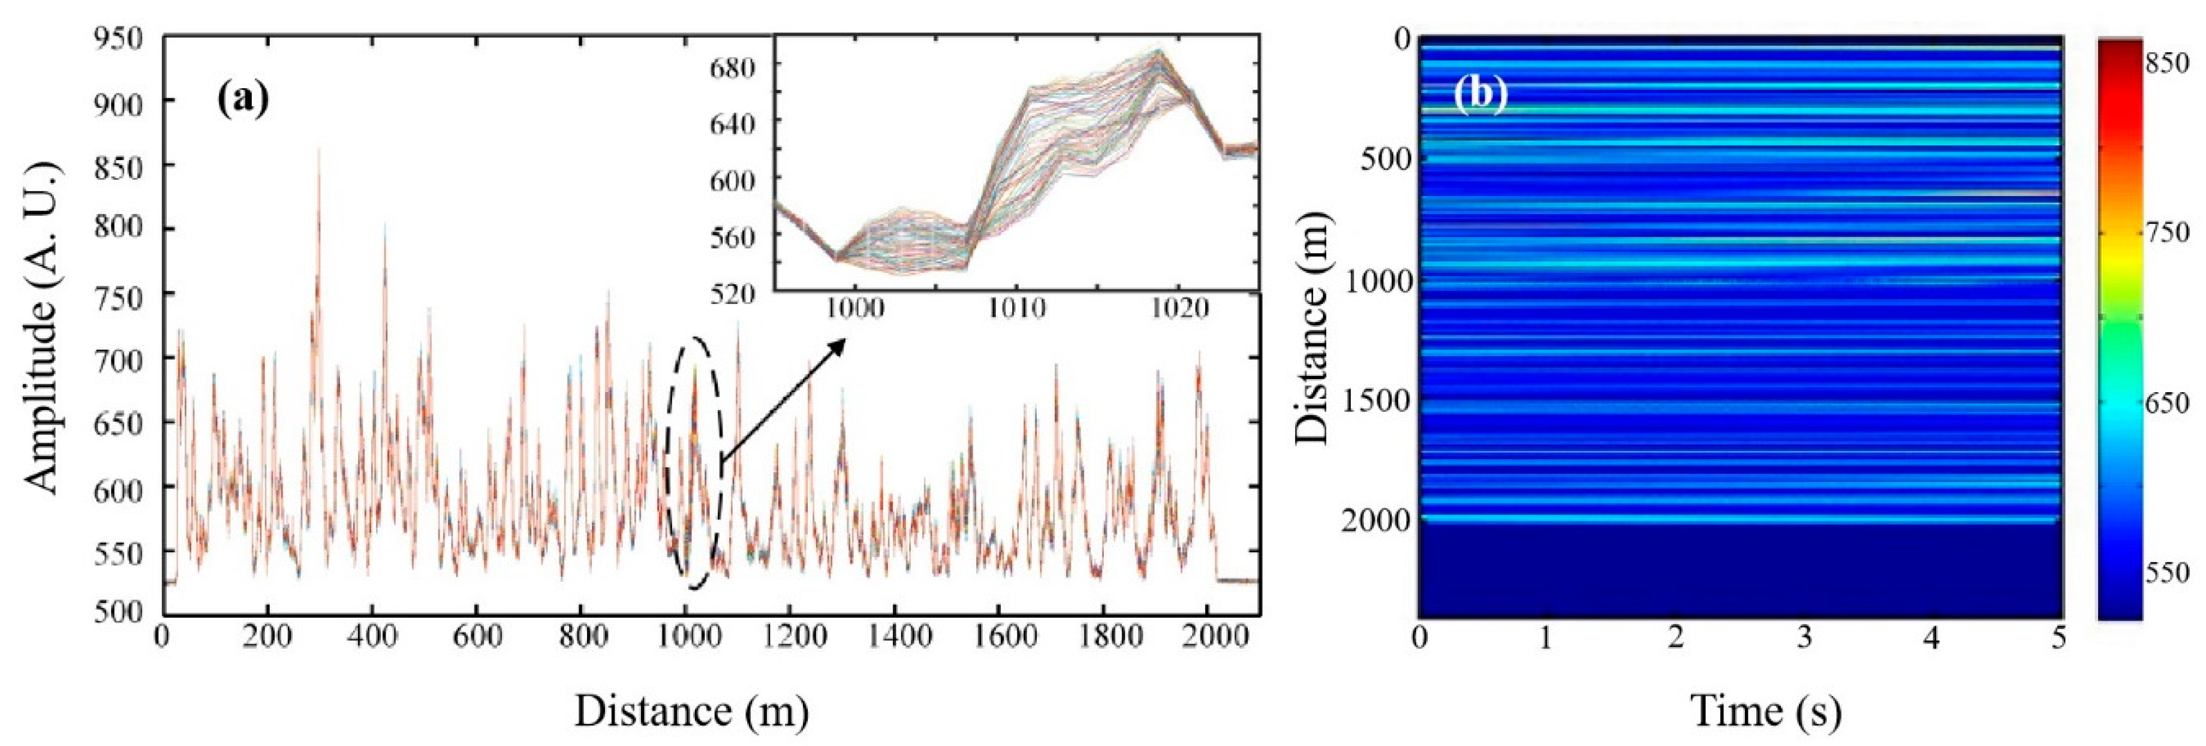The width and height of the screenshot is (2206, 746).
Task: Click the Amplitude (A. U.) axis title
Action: click(x=43, y=326)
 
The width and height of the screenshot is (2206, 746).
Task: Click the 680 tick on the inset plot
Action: click(x=732, y=67)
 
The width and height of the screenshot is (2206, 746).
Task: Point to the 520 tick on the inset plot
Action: click(x=732, y=294)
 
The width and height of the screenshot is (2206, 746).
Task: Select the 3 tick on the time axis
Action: click(x=1804, y=639)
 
